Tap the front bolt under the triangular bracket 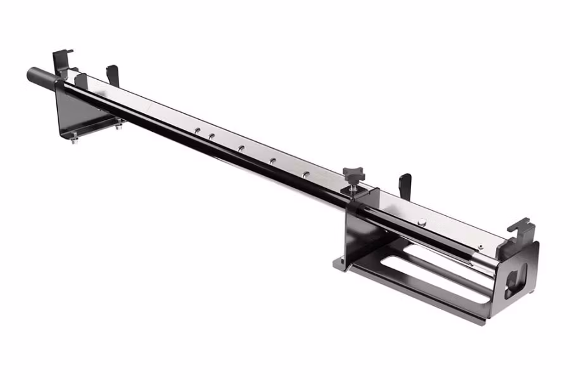[x=74, y=139]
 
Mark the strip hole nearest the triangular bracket [x=198, y=130]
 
